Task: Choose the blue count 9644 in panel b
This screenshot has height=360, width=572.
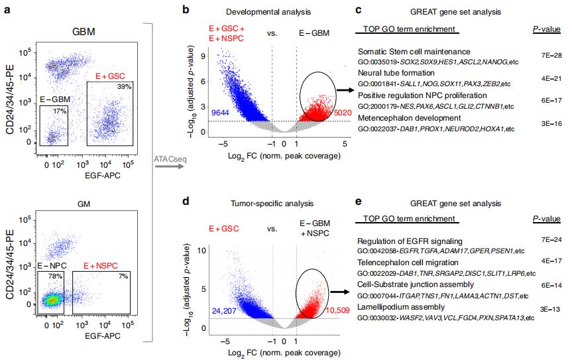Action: [221, 114]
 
